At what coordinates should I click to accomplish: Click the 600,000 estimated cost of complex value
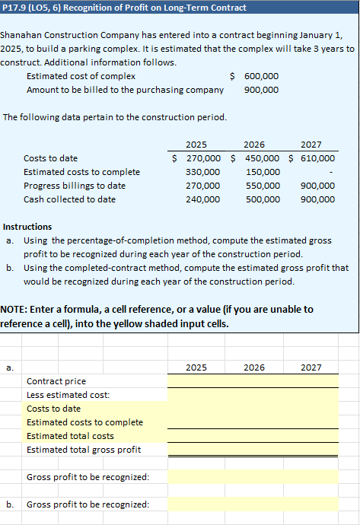(x=261, y=76)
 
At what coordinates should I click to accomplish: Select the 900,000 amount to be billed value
(x=261, y=90)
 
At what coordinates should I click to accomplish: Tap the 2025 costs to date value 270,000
(x=204, y=158)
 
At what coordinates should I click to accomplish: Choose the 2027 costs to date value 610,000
(x=317, y=158)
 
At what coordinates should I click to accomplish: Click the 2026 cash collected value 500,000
(x=261, y=199)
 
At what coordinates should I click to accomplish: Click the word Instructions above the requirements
(x=28, y=227)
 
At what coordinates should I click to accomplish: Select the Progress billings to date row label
(x=75, y=186)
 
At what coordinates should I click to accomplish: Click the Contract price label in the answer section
(x=56, y=381)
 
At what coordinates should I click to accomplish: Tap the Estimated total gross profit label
(x=84, y=450)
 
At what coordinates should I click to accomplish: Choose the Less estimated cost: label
(x=68, y=395)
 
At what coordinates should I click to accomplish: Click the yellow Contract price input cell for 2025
(x=196, y=381)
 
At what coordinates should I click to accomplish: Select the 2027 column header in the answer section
(x=311, y=367)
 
